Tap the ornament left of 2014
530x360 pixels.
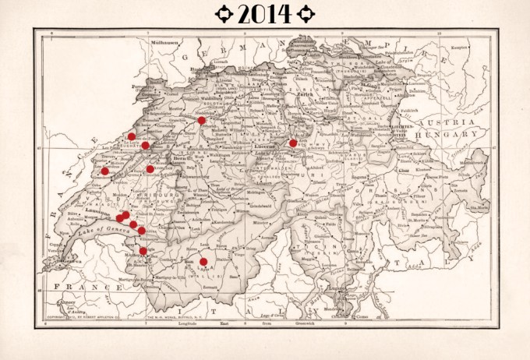coord(223,13)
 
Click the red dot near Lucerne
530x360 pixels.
coord(293,143)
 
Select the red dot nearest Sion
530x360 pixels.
coord(203,262)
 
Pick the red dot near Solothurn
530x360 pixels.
coord(201,120)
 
